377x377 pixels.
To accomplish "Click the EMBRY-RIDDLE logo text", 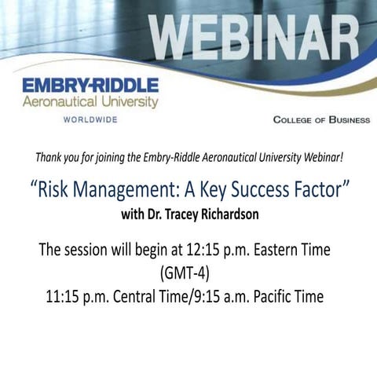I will (90, 85).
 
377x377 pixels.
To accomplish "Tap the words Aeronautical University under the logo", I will (90, 101).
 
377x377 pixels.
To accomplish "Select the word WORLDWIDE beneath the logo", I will (90, 119).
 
